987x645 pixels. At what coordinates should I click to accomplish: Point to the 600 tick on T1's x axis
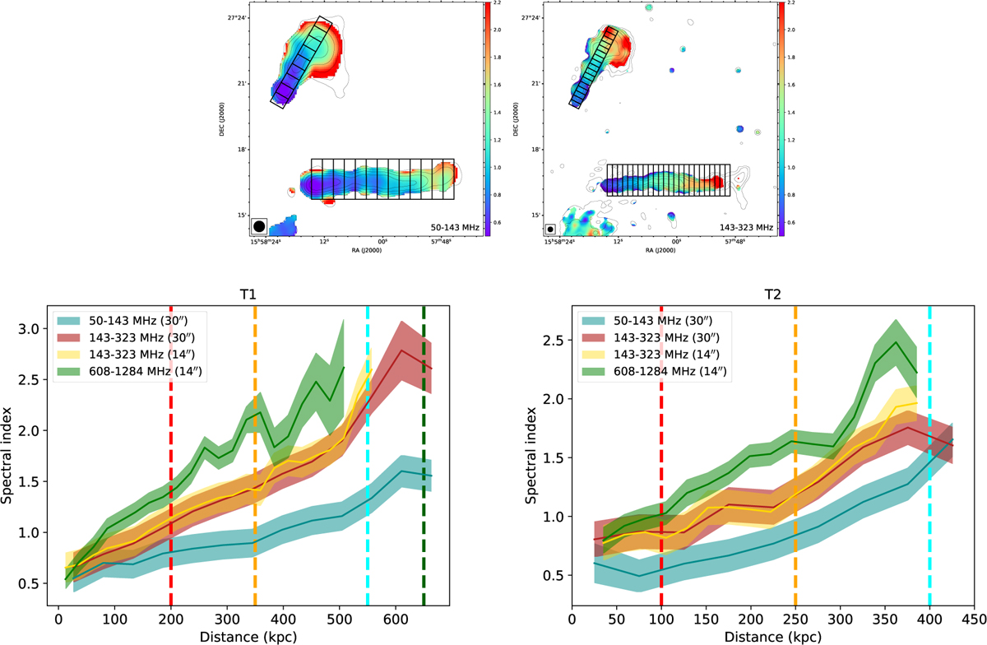(396, 616)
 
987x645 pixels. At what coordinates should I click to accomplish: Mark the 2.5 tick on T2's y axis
(555, 340)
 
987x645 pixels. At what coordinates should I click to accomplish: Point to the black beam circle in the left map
(259, 225)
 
